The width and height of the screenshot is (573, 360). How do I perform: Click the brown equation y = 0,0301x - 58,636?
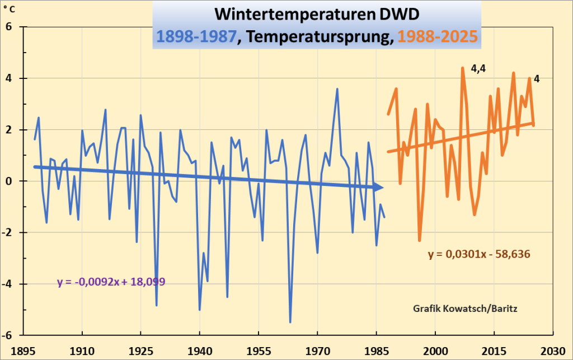click(x=479, y=254)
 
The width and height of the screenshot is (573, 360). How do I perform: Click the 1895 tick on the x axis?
click(x=24, y=348)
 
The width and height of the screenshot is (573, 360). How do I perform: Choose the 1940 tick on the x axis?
click(x=200, y=348)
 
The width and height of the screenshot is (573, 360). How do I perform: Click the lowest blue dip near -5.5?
click(x=290, y=322)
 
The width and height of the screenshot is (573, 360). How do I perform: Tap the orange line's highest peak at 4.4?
click(x=462, y=68)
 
